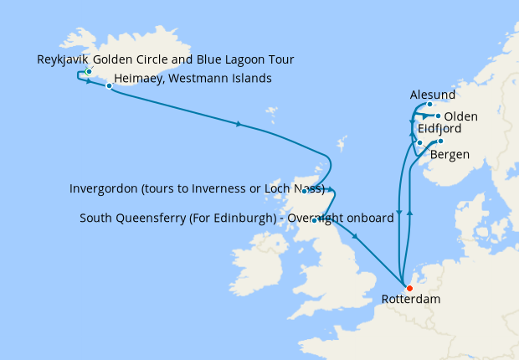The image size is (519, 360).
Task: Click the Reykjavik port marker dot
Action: (88, 72)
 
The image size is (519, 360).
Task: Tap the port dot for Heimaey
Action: (109, 86)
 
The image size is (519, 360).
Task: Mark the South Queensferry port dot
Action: (313, 220)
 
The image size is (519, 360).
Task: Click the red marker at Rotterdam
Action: (409, 289)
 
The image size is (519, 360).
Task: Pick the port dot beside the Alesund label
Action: (429, 105)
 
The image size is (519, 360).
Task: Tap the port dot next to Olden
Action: (438, 116)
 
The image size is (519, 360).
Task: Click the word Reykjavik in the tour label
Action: (63, 59)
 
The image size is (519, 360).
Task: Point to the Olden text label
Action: (461, 116)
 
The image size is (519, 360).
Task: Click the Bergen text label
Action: (449, 155)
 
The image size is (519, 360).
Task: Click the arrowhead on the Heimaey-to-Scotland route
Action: (239, 125)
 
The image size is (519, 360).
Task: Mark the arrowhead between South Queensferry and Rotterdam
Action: (356, 238)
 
